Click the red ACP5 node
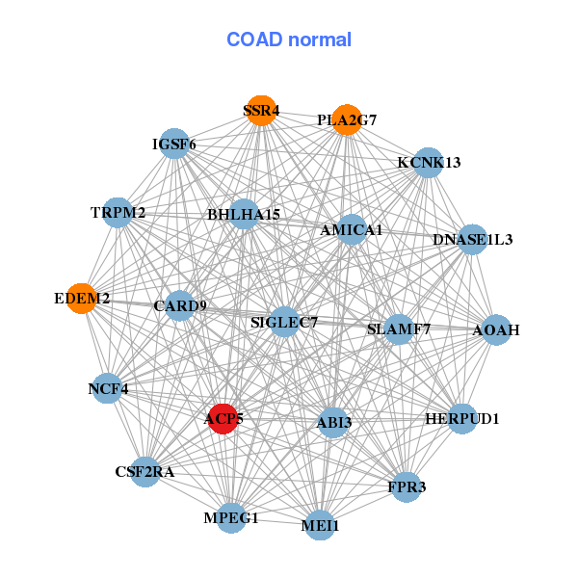point(223,419)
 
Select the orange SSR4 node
point(261,111)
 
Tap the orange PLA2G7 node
point(347,120)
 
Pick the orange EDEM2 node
point(83,300)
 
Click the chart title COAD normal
point(289,40)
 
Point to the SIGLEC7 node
point(284,322)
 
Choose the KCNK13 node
point(428,162)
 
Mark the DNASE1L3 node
point(472,239)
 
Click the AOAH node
point(496,330)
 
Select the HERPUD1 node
point(462,419)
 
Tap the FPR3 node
point(407,486)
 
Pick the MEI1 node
point(320,525)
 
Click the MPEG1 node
point(231,518)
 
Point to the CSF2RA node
point(144,472)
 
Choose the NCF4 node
point(108,389)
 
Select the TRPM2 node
point(118,212)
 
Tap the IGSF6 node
point(173,144)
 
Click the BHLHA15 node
point(245,214)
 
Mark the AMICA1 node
point(352,230)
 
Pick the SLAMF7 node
point(399,329)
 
